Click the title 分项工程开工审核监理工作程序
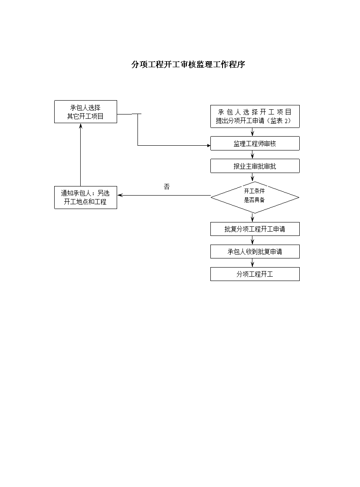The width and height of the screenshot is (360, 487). point(188,64)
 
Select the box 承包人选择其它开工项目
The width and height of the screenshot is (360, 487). point(86,112)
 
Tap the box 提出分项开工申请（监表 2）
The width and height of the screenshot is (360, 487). point(255,117)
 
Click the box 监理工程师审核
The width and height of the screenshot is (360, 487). point(255,144)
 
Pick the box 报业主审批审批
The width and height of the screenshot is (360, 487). point(255,166)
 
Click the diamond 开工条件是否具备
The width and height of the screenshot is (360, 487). point(255,198)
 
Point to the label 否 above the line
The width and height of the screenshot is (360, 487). point(167,186)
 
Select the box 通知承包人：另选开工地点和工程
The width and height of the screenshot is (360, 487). point(86,198)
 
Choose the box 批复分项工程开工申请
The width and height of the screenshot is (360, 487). point(255,229)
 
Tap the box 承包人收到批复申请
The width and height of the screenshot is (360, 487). point(255,252)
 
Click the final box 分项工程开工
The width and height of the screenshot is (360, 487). point(255,274)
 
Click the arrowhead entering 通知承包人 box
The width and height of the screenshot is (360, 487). point(120,195)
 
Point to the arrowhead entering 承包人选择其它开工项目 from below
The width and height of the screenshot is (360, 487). point(81,126)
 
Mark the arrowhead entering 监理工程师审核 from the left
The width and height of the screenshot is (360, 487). point(209,145)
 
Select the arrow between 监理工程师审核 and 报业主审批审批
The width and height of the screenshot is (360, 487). point(252,155)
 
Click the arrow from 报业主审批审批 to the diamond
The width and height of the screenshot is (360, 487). point(252,177)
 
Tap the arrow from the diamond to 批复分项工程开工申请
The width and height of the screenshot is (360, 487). point(252,217)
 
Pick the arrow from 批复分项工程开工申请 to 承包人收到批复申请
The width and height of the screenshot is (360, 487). point(252,240)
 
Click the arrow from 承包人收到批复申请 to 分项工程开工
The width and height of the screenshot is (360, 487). point(252,263)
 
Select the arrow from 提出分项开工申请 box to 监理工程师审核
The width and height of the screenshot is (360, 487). point(252,132)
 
